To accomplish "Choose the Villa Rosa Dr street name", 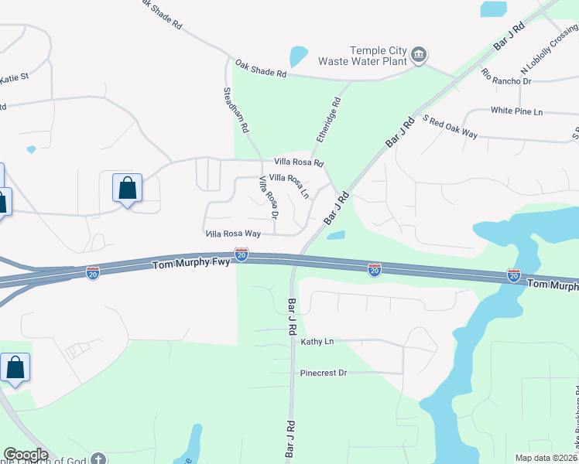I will click(x=268, y=196).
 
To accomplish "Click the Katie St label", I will click(x=14, y=77).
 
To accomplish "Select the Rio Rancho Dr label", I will click(x=505, y=76).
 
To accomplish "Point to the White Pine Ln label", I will click(x=516, y=111).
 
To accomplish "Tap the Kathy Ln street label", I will click(x=317, y=341).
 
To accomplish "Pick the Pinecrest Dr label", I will click(x=324, y=373).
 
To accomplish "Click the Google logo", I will click(x=26, y=455).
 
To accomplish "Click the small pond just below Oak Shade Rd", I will click(x=297, y=56).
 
